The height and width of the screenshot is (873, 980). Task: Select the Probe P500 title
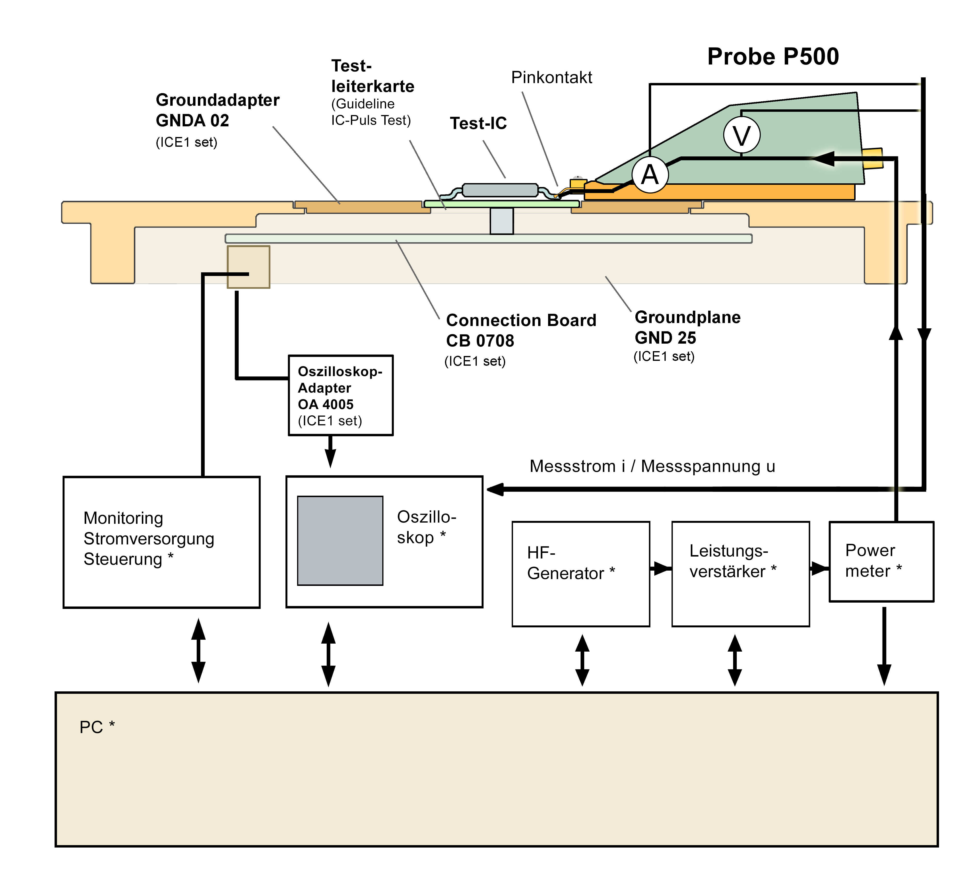pyautogui.click(x=773, y=57)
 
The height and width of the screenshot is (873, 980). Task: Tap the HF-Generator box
pyautogui.click(x=580, y=574)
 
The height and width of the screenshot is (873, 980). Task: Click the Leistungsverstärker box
pyautogui.click(x=740, y=574)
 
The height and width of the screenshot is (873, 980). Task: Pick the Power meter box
pyautogui.click(x=881, y=561)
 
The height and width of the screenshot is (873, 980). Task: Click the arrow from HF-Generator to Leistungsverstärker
pyautogui.click(x=661, y=569)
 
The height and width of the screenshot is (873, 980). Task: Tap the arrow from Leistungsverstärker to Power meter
pyautogui.click(x=819, y=569)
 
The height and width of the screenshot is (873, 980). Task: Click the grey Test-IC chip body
pyautogui.click(x=500, y=190)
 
